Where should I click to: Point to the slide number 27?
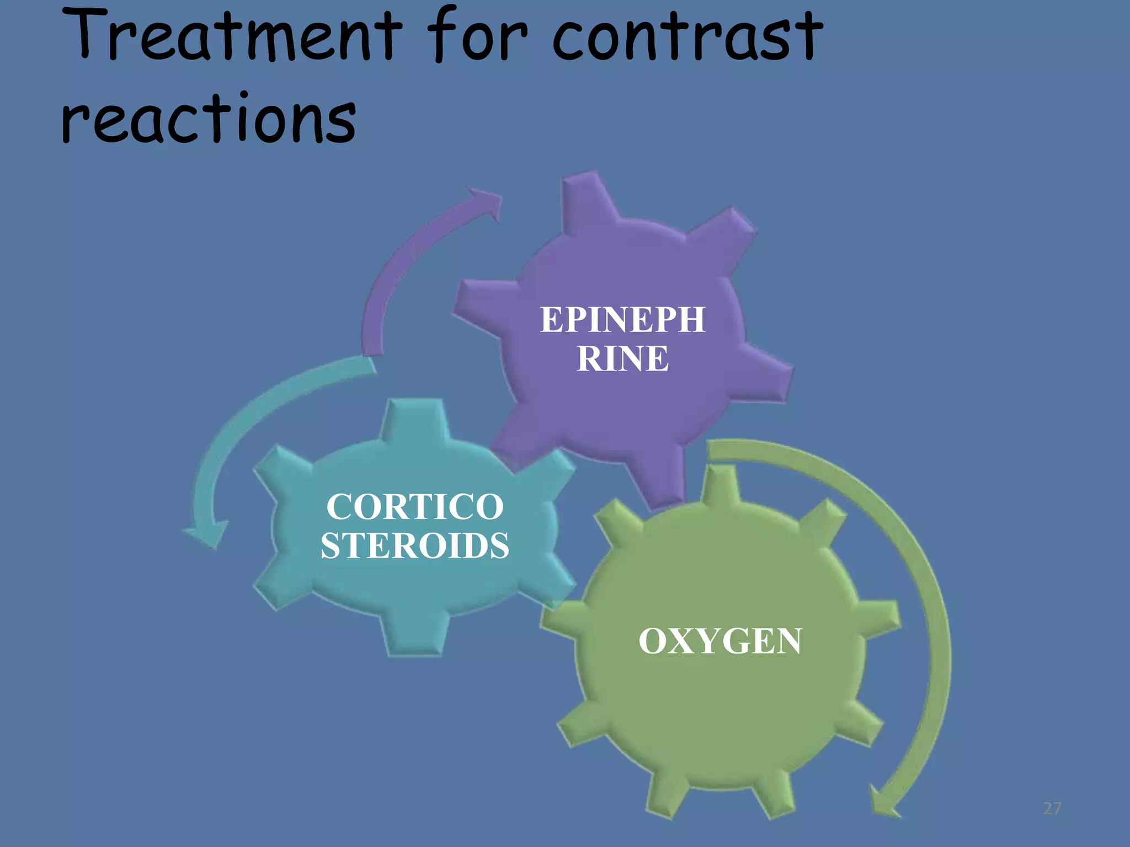[x=1052, y=808]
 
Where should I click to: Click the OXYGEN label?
[x=720, y=641]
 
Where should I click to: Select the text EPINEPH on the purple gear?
[x=622, y=319]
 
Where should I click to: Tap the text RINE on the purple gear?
[x=622, y=358]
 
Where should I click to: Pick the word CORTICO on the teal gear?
[x=415, y=506]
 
